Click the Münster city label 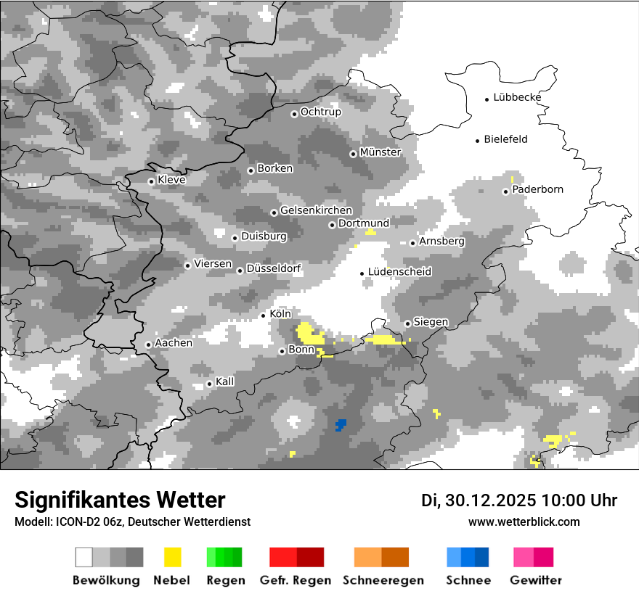(x=380, y=152)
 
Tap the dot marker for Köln (x=264, y=316)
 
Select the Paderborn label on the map (x=537, y=189)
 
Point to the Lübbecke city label (x=517, y=97)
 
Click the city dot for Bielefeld (x=478, y=141)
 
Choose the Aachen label (x=174, y=343)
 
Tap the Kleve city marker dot (x=151, y=181)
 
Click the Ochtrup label (x=320, y=112)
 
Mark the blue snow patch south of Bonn (x=341, y=424)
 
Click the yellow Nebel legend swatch (x=173, y=557)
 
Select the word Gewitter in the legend (x=536, y=580)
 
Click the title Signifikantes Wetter (x=120, y=500)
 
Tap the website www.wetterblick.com (x=524, y=521)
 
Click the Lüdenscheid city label (x=399, y=272)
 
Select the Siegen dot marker (x=408, y=323)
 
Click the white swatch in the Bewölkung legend (x=84, y=557)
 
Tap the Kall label (x=225, y=382)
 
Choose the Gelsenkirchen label (x=316, y=210)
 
